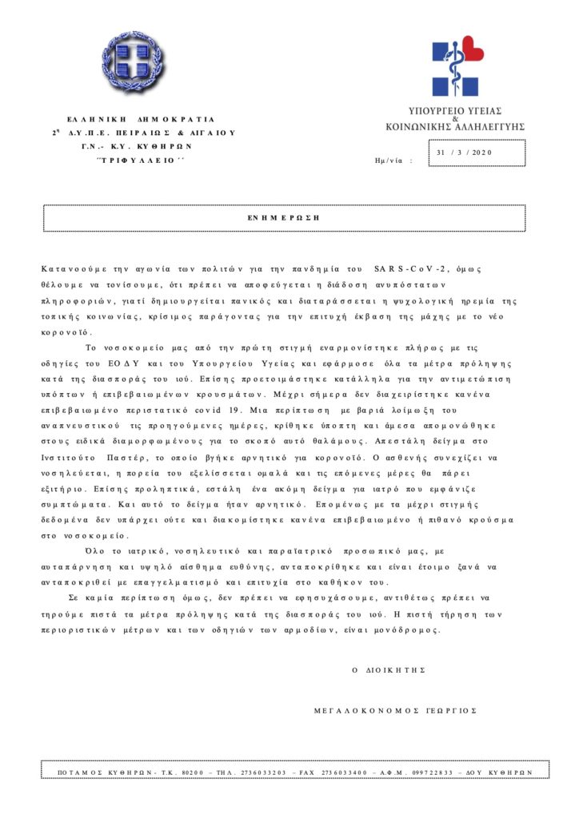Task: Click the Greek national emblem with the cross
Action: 134,61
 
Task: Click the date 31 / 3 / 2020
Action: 466,152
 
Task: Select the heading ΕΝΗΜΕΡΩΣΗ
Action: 284,217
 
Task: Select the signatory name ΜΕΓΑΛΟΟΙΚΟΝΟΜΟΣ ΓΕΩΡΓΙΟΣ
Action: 395,710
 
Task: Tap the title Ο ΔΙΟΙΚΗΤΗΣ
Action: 388,669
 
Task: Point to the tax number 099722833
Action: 434,772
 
